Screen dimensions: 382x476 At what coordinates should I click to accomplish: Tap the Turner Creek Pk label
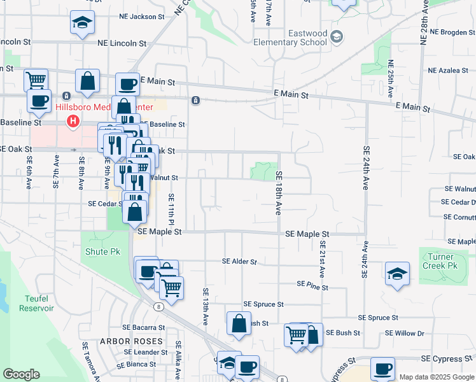439,260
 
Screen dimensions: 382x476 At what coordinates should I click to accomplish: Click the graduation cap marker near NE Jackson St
81,24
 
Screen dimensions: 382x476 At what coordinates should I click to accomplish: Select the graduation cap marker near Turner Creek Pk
397,274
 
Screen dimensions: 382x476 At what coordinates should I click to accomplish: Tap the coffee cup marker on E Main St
127,85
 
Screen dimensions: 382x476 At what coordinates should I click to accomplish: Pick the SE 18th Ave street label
278,192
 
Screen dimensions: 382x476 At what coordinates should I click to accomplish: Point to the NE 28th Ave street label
424,22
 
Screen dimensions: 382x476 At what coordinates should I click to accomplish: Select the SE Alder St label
239,261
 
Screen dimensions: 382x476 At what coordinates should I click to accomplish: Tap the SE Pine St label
312,287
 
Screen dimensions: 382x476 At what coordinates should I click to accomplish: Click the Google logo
21,374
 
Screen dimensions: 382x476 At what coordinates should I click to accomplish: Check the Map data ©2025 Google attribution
437,377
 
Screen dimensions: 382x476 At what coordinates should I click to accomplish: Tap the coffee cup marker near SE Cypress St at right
382,369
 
